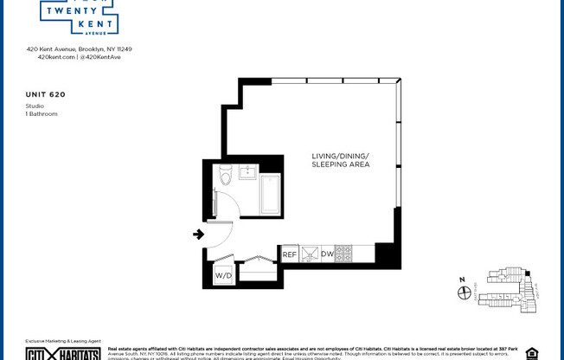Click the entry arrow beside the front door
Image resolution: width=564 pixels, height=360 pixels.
tap(198, 234)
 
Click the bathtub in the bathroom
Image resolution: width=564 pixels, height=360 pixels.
tap(271, 195)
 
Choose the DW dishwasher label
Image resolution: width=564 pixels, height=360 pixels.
tap(327, 254)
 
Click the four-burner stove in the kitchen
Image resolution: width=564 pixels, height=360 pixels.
tap(343, 254)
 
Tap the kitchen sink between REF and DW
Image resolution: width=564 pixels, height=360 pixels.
tap(310, 254)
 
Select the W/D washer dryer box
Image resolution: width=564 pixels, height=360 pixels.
tap(223, 276)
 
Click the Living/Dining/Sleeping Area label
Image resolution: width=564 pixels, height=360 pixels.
tap(341, 160)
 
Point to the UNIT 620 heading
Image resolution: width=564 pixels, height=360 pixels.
tap(46, 93)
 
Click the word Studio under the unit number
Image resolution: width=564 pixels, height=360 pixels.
tap(35, 106)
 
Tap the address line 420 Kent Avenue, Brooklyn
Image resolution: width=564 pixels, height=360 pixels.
tap(79, 49)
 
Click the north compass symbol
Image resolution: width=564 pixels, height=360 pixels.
tap(465, 292)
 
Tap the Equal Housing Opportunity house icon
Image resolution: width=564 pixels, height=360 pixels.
tap(531, 353)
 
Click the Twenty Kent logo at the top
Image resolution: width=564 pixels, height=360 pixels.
tap(79, 16)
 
